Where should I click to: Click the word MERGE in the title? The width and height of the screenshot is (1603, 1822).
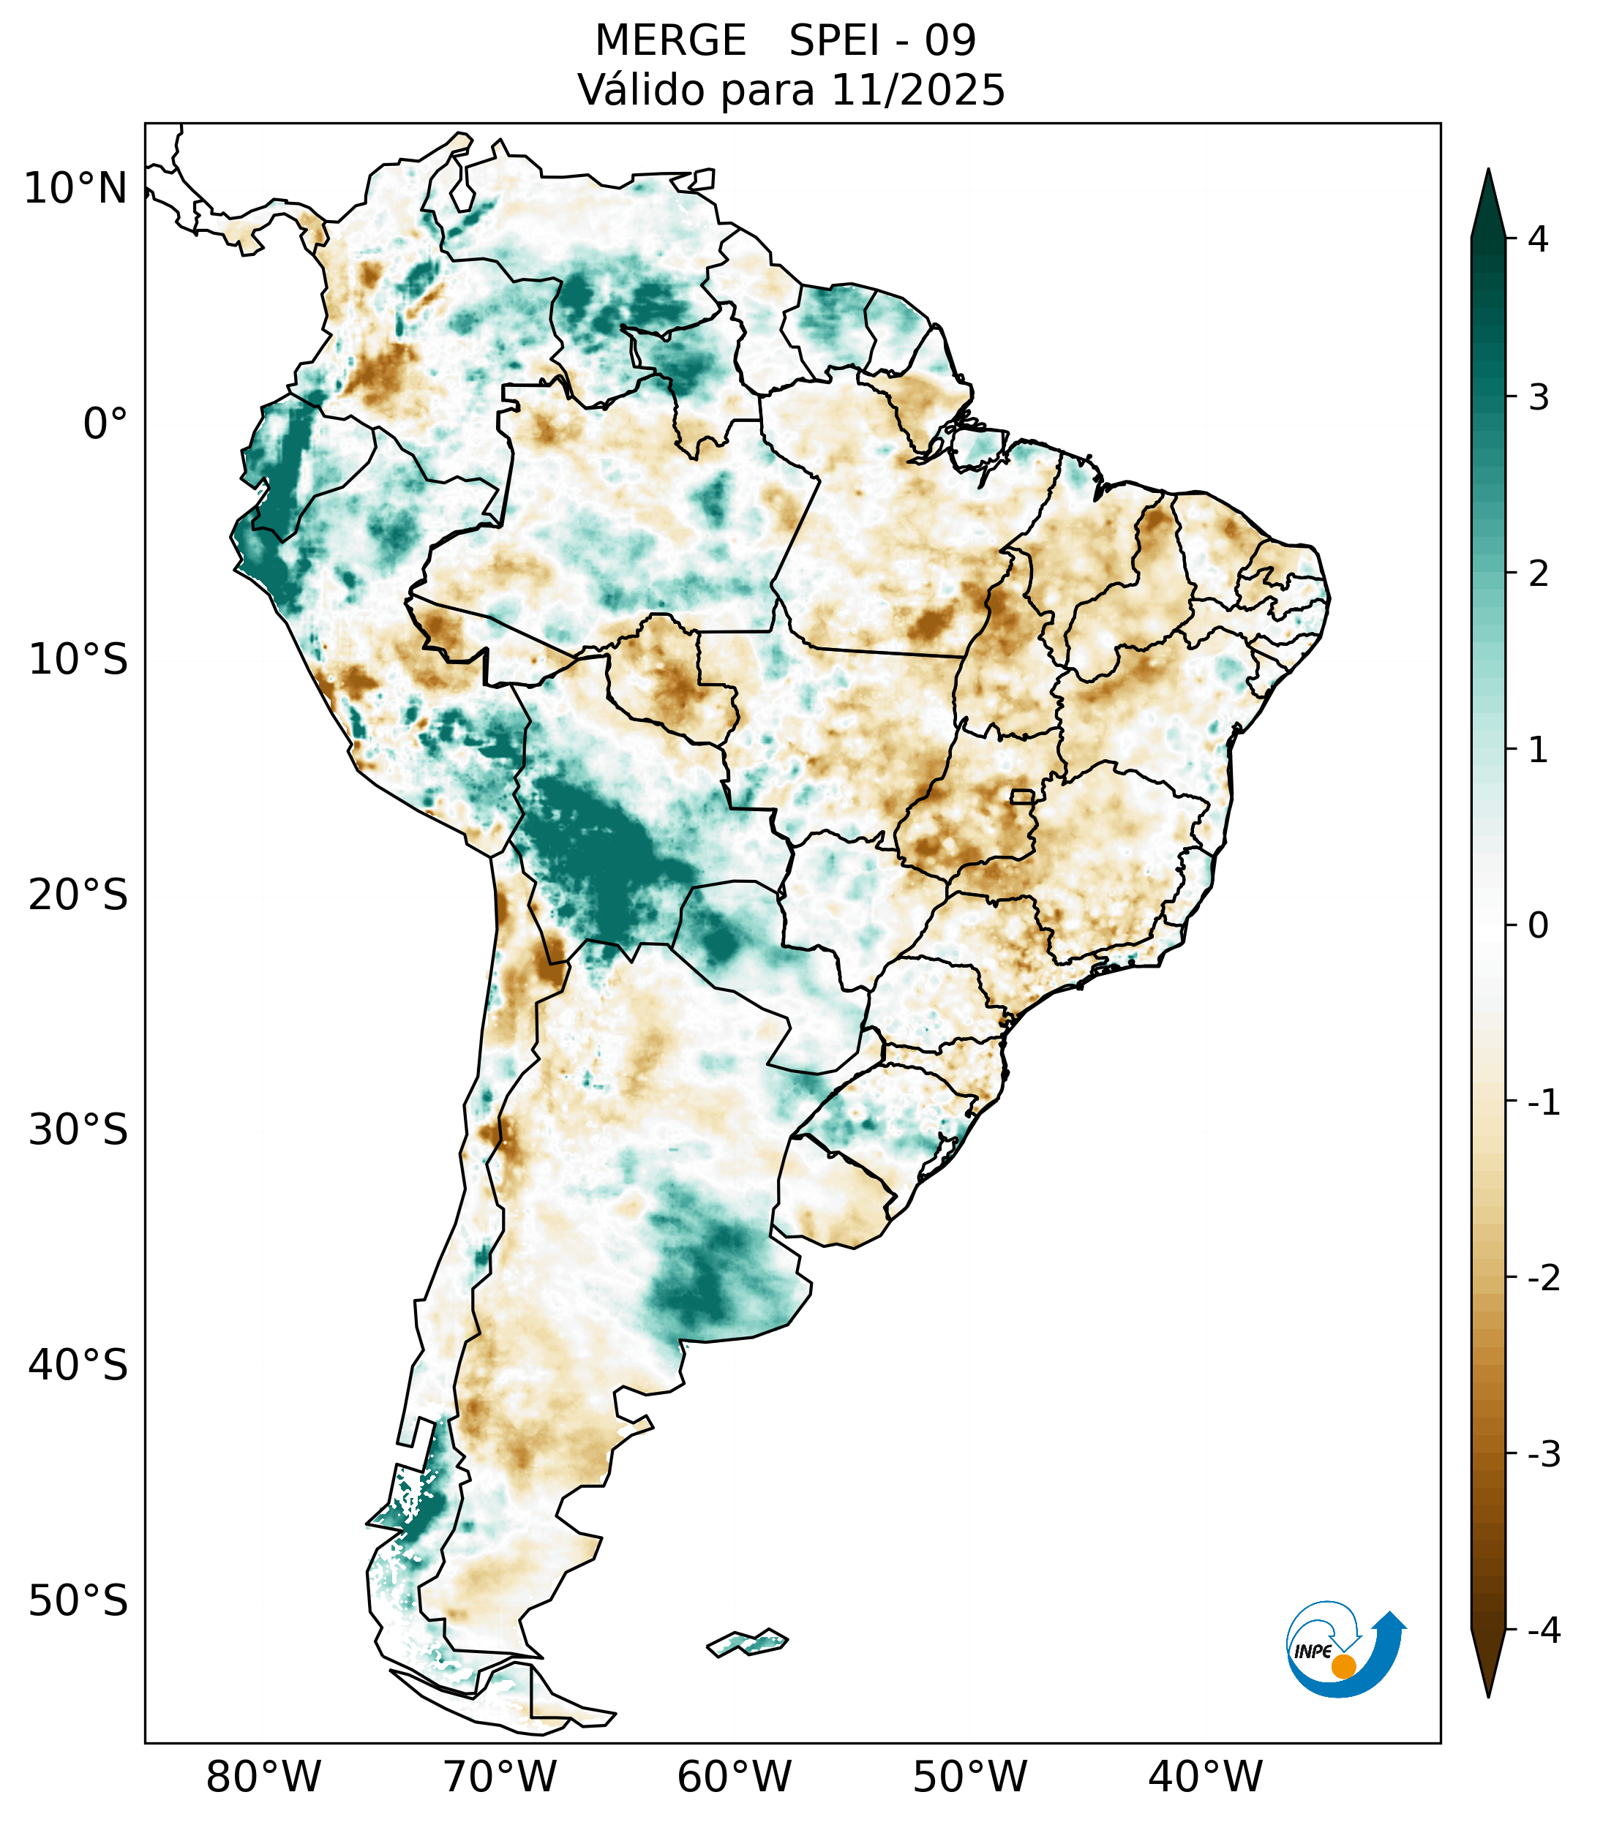[669, 42]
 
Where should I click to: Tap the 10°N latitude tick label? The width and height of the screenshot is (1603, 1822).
[76, 189]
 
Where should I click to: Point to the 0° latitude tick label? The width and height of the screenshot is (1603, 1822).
[105, 424]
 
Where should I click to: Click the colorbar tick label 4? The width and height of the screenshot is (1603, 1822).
[1538, 239]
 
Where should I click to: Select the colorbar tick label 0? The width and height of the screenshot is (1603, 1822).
[1538, 926]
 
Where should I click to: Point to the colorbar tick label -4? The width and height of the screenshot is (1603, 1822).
[1543, 1631]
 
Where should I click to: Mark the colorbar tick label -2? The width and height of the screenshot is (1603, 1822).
[1543, 1279]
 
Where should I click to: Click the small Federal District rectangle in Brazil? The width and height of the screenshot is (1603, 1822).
[1021, 796]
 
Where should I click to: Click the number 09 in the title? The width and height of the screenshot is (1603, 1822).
[950, 42]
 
